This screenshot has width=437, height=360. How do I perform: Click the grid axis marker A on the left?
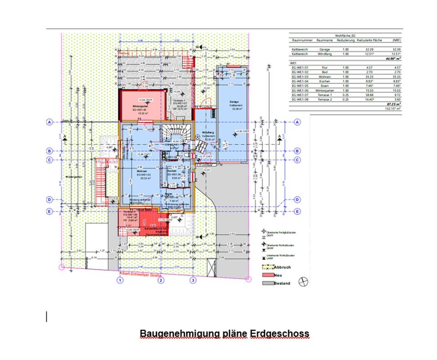[x=50, y=122]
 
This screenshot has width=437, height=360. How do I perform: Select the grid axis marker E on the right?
[x=297, y=211]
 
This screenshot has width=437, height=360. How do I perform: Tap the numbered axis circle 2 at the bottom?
[x=161, y=280]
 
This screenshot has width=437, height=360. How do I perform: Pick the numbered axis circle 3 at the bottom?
[x=193, y=280]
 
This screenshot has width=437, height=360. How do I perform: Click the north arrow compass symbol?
[x=303, y=282]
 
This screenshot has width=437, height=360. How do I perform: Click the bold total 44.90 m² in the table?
[x=393, y=59]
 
